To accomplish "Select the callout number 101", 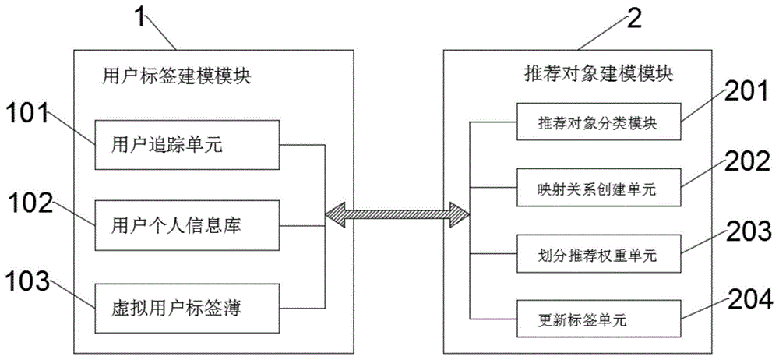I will point(28,115).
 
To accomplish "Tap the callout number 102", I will point(30,204).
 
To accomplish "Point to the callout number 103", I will point(30,277).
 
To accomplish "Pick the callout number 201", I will point(742,91).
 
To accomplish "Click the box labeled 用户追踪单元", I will point(187,144).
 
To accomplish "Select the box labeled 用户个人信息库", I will point(187,226).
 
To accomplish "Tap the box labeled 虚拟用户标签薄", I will point(187,306).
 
